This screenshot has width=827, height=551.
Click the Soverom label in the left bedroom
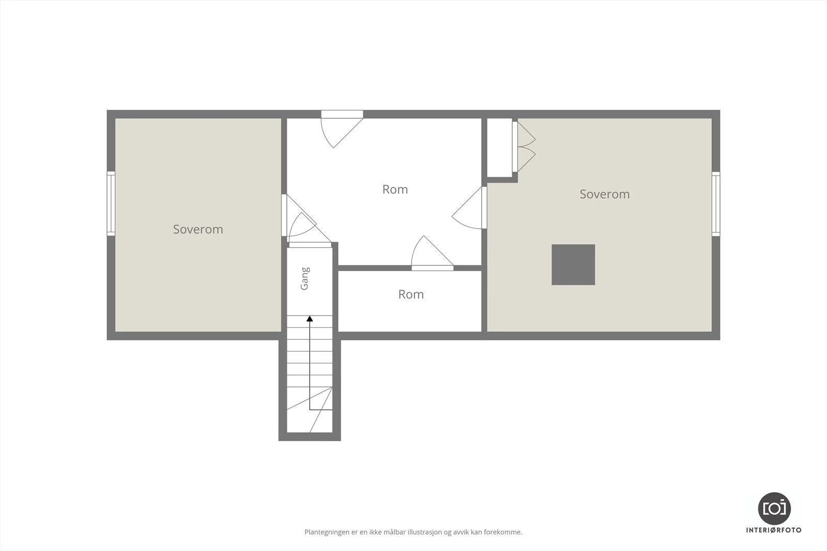click(x=198, y=229)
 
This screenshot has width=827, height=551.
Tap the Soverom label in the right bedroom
click(x=604, y=194)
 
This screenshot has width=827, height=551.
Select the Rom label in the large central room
click(x=395, y=190)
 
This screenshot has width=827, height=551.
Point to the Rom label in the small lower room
click(x=411, y=294)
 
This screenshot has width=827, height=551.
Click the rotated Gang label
click(x=304, y=279)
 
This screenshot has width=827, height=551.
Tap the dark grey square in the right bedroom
click(x=573, y=264)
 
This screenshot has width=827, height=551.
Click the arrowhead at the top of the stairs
click(x=310, y=319)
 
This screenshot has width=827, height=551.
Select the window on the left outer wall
click(x=111, y=203)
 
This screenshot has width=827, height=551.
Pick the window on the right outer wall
click(x=716, y=203)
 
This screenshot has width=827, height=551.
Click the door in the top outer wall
click(x=342, y=129)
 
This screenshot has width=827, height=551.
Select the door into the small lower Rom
click(x=432, y=253)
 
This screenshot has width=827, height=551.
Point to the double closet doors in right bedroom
click(x=524, y=147)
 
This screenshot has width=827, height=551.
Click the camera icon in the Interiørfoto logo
click(x=774, y=509)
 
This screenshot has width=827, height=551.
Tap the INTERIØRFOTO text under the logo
click(x=774, y=530)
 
